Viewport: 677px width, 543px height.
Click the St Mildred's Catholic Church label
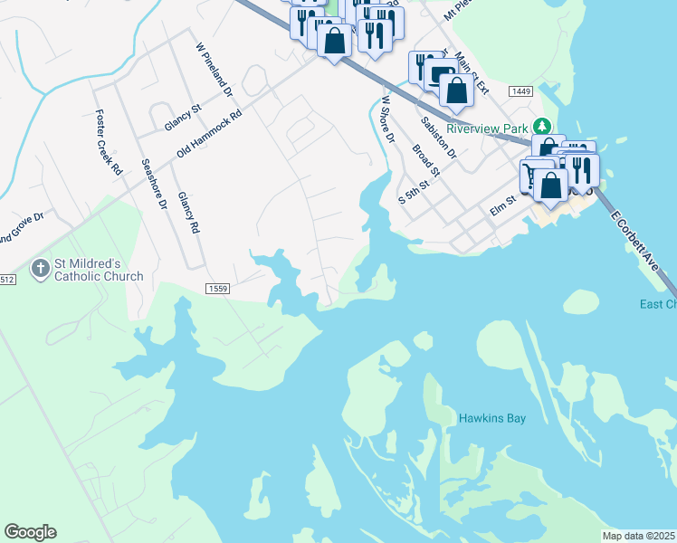[99, 270]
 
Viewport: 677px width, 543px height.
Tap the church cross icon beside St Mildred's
[40, 269]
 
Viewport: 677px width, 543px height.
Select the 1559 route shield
[217, 288]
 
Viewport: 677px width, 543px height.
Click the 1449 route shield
[520, 91]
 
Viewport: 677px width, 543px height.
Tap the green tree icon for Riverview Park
[542, 126]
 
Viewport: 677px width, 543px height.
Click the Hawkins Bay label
[491, 418]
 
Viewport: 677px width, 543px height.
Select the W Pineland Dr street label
[215, 69]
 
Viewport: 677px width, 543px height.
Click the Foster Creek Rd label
[108, 142]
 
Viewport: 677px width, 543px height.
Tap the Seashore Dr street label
[155, 185]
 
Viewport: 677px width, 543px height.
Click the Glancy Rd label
[187, 213]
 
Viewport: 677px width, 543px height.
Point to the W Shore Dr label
[388, 119]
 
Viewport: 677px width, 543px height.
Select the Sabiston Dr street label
[439, 136]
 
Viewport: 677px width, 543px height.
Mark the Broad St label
[425, 160]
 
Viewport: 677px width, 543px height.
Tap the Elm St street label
[501, 209]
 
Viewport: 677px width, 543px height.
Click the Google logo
[30, 532]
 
